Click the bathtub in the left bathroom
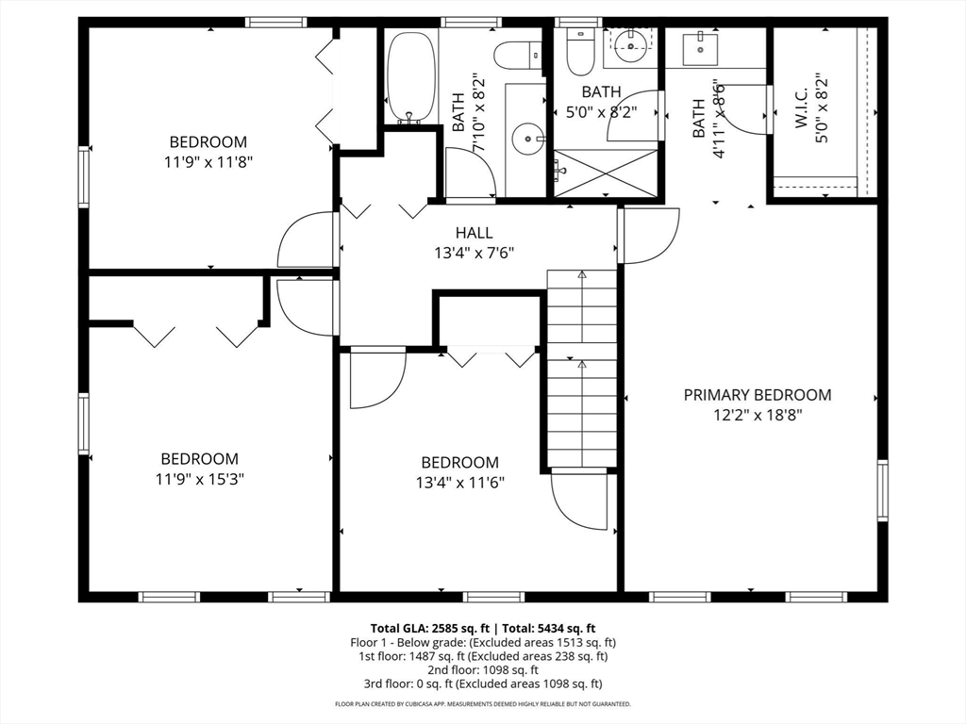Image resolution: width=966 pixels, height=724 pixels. click(x=411, y=77)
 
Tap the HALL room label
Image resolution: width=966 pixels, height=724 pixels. click(x=474, y=233)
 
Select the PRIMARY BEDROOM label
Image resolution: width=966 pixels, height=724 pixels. click(x=758, y=395)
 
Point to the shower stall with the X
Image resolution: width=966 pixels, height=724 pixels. click(x=606, y=173)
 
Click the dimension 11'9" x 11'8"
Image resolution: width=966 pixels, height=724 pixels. click(x=208, y=162)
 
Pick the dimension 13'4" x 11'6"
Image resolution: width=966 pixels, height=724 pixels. click(x=460, y=482)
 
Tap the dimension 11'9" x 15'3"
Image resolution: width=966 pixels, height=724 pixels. click(x=200, y=479)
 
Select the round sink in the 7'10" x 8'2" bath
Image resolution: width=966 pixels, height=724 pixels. click(x=528, y=139)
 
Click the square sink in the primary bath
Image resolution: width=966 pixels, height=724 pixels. click(x=700, y=50)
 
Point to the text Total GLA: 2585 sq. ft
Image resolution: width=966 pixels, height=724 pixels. click(x=429, y=629)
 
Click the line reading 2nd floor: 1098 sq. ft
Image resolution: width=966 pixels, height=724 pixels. click(x=483, y=670)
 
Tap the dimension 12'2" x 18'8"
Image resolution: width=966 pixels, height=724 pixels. click(x=758, y=415)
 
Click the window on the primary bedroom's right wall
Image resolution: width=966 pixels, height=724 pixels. click(x=882, y=490)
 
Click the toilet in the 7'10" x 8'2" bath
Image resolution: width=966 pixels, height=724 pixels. click(x=518, y=54)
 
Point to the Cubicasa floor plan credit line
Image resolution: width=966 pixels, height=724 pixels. click(x=482, y=703)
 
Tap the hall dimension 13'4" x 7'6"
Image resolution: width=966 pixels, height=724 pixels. click(x=474, y=253)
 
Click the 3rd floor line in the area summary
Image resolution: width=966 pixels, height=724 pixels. click(x=483, y=683)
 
